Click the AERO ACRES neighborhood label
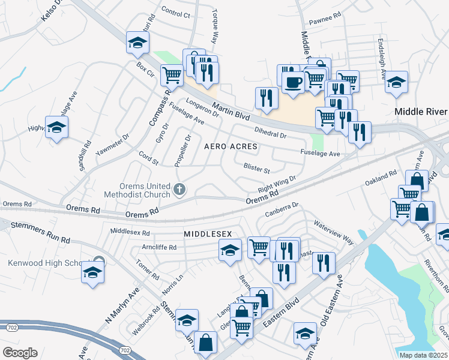pyautogui.click(x=231, y=146)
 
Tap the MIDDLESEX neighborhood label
pyautogui.click(x=208, y=233)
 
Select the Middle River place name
pyautogui.click(x=420, y=112)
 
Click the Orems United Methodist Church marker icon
pyautogui.click(x=179, y=190)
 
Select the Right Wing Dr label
pyautogui.click(x=277, y=182)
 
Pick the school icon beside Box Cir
pyautogui.click(x=137, y=43)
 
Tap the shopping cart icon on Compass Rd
pyautogui.click(x=172, y=75)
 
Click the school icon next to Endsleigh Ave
pyautogui.click(x=396, y=82)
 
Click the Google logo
pyautogui.click(x=19, y=353)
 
